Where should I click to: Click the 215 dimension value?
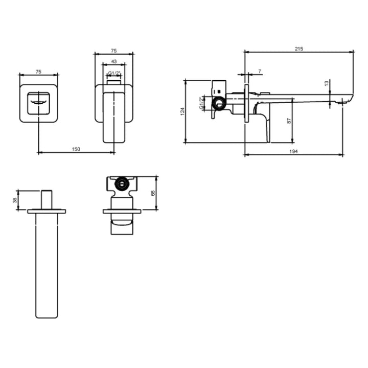tap(299, 49)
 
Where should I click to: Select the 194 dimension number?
tap(293, 151)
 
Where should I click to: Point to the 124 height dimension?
tap(182, 111)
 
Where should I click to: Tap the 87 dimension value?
tap(289, 121)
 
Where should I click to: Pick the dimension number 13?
tap(327, 83)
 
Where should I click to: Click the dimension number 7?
tap(260, 71)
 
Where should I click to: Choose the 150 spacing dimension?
tap(76, 149)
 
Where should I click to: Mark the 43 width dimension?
tap(114, 61)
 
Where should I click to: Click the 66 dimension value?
tap(153, 193)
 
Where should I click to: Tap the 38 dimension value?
tap(15, 200)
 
